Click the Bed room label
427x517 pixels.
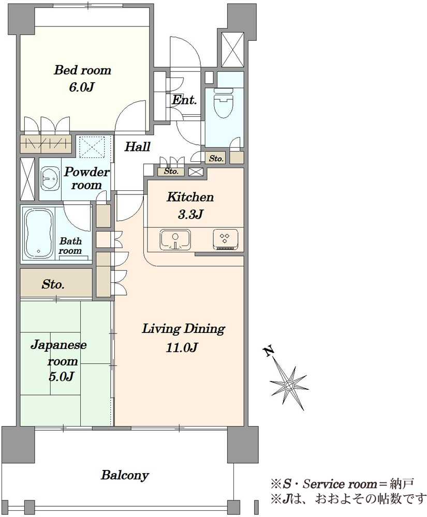(x=82, y=70)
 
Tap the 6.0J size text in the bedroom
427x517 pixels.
(x=82, y=87)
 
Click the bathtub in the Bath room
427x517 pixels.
(x=39, y=233)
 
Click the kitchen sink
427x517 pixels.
(x=175, y=240)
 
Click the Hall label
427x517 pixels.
(x=137, y=147)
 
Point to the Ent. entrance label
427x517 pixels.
(x=184, y=100)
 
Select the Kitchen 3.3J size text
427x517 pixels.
(x=190, y=215)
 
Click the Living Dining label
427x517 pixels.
(x=183, y=329)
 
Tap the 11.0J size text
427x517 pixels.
(x=182, y=347)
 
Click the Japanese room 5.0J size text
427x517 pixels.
(x=62, y=376)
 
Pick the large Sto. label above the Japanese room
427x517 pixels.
(x=53, y=284)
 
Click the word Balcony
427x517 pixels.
(x=125, y=475)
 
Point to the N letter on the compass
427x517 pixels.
(x=269, y=352)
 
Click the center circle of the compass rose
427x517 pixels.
(x=289, y=385)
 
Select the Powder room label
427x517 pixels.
(x=86, y=178)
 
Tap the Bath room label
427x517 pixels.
(x=70, y=246)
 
